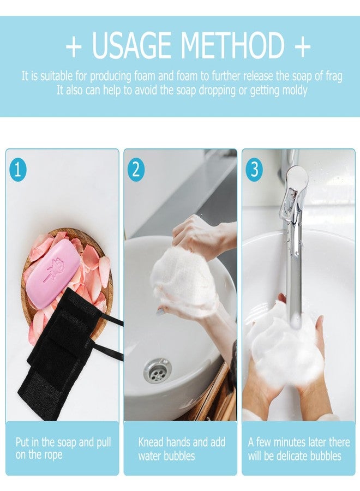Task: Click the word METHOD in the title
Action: [235, 46]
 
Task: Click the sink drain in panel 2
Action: [157, 370]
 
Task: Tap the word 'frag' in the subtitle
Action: [333, 76]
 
